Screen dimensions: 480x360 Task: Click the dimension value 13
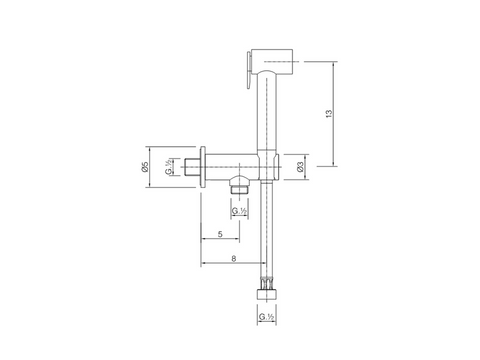pyautogui.click(x=329, y=113)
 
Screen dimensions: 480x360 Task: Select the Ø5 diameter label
pyautogui.click(x=144, y=167)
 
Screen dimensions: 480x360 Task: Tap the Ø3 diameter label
pyautogui.click(x=300, y=167)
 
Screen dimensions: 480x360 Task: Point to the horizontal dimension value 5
pyautogui.click(x=220, y=234)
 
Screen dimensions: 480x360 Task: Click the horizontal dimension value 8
pyautogui.click(x=234, y=258)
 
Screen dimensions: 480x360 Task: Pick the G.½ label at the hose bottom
pyautogui.click(x=266, y=317)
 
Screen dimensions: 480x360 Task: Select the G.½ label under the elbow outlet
pyautogui.click(x=239, y=211)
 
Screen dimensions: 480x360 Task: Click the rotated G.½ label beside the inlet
pyautogui.click(x=169, y=167)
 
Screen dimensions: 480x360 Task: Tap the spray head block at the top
pyautogui.click(x=272, y=62)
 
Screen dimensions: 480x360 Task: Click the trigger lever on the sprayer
pyautogui.click(x=249, y=70)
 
